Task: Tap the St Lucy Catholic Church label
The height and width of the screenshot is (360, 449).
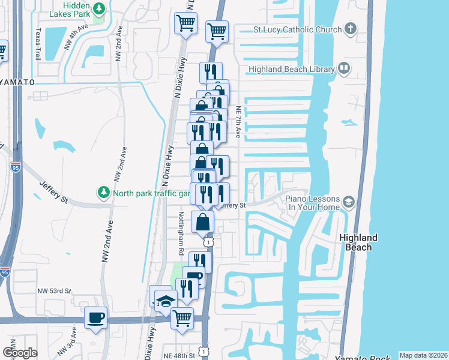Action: pos(297,29)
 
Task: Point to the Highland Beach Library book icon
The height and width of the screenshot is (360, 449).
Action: pos(343,68)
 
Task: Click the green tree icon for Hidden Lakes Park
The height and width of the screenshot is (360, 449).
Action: pos(100,8)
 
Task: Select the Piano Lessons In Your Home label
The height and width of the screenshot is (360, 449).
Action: pos(312,203)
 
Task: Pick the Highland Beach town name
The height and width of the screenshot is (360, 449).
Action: pos(359,242)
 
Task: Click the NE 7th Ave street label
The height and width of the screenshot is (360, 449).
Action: pos(238,122)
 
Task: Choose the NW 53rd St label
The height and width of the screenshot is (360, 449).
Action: pos(54,291)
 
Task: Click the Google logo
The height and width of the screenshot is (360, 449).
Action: pos(20,353)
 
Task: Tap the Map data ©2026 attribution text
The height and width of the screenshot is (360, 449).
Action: pos(423,355)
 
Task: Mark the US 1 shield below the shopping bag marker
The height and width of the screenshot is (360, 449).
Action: pos(207,241)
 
